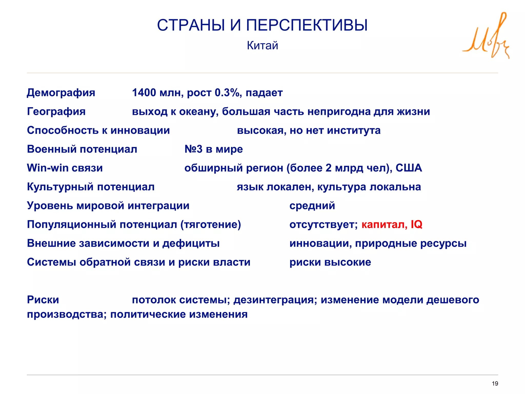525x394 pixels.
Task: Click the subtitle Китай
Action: point(262,46)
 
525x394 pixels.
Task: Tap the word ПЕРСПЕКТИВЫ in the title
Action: point(307,25)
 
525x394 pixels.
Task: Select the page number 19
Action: point(495,383)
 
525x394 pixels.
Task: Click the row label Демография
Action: point(61,93)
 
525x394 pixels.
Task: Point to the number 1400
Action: point(144,93)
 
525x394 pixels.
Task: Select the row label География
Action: point(56,112)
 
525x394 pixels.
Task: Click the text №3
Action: point(194,149)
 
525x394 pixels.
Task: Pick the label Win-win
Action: point(48,168)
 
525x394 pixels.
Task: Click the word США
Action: point(409,168)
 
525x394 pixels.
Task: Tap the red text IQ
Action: point(416,224)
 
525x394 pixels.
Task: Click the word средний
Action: point(312,206)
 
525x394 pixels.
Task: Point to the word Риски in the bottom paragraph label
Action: point(43,300)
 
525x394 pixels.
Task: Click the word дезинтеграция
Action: point(275,300)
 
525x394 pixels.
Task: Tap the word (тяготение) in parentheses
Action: point(211,225)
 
